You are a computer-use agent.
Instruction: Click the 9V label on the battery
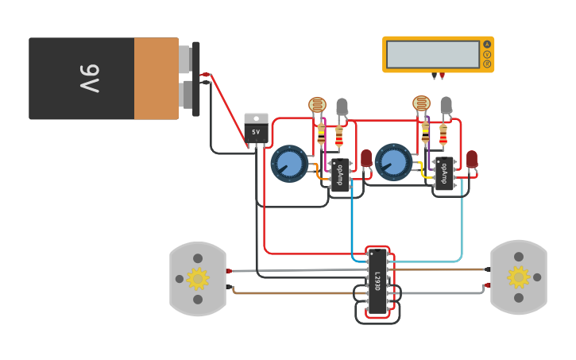[89, 79]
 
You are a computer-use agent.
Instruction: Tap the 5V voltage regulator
[256, 129]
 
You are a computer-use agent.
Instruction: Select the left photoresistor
[317, 105]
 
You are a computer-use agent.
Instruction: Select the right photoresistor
[421, 103]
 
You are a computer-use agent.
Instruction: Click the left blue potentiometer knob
[289, 164]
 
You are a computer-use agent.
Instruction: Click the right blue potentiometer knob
[393, 163]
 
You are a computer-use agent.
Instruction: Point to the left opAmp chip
[340, 175]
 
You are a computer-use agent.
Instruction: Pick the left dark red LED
[366, 158]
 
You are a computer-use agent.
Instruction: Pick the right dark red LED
[472, 158]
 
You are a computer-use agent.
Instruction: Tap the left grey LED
[342, 106]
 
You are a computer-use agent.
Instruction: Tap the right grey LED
[446, 104]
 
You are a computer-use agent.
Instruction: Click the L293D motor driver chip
[377, 281]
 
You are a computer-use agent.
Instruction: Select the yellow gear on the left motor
[197, 278]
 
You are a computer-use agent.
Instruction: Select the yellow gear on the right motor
[519, 277]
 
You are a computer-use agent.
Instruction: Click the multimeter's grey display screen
[433, 54]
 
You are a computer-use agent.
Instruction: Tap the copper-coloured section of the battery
[157, 79]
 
